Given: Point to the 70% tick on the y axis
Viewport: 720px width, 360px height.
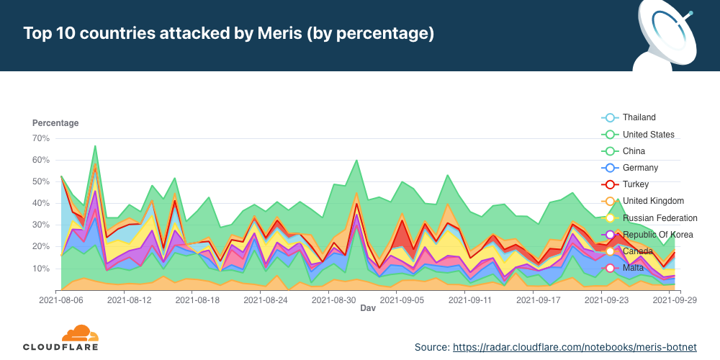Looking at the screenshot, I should point(40,138).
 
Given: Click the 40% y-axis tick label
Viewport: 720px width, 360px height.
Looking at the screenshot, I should point(40,203).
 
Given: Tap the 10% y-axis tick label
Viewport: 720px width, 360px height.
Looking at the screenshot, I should point(40,269).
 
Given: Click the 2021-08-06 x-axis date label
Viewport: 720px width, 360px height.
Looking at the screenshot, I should point(61,299).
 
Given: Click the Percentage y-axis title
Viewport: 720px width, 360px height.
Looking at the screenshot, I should point(55,123).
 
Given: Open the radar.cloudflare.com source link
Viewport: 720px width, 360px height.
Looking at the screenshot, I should point(575,347).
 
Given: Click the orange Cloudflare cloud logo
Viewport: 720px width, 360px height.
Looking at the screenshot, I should point(80,333).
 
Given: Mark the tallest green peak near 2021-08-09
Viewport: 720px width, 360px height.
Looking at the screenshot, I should point(95,146).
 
